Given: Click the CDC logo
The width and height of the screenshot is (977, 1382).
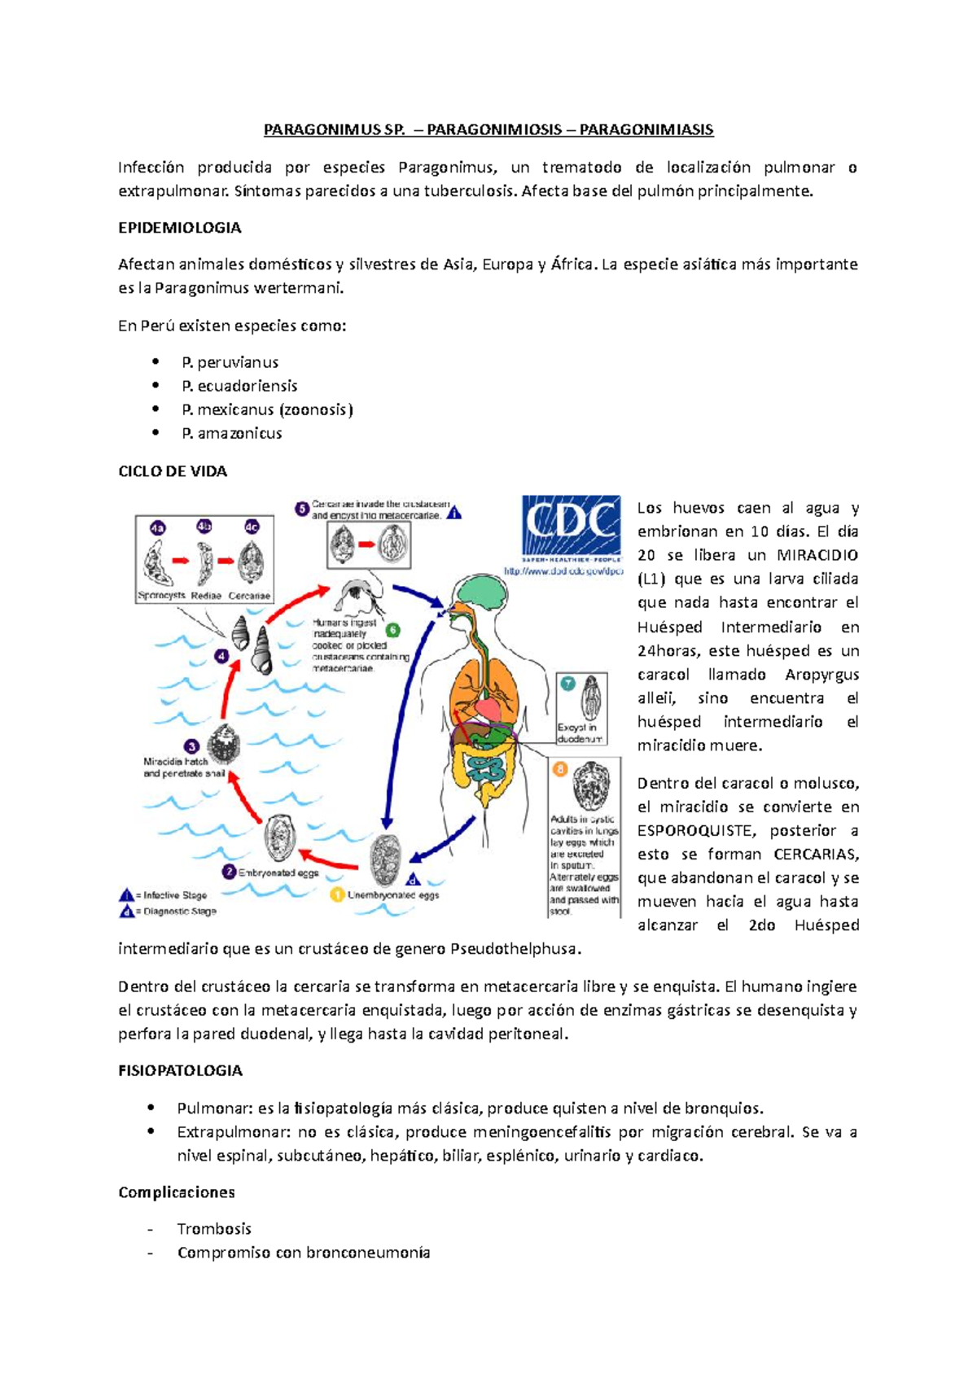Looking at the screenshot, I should pos(571,530).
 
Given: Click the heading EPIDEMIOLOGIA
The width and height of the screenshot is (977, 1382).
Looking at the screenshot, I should pos(179,228).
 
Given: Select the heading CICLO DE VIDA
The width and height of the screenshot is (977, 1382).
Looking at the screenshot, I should pos(173,471).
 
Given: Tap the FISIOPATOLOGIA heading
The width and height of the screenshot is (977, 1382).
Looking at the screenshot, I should pos(180,1070).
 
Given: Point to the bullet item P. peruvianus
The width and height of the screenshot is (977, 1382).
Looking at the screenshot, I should pos(230,362).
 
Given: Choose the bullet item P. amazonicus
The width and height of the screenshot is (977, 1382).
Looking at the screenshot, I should pos(231,433).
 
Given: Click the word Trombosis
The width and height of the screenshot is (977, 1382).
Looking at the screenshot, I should pos(214,1228).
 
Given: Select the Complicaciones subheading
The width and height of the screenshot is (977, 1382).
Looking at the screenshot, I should pos(177,1192).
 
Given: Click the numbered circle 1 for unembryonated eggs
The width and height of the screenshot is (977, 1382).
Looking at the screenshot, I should pos(337,894).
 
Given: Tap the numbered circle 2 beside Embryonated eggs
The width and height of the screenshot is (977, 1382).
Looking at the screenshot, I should pos(230,872).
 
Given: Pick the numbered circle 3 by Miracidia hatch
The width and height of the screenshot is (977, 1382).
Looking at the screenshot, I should pos(192,746).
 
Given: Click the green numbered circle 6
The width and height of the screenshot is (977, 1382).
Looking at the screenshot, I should pos(392,630).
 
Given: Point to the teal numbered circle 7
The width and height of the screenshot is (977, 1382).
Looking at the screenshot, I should pos(567,684).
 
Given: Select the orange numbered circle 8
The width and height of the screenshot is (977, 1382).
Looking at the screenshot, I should pos(560,768).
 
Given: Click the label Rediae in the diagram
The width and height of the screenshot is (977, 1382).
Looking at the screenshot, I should pos(206,595).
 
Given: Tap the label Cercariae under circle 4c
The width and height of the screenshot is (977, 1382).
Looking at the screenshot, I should pos(249,595).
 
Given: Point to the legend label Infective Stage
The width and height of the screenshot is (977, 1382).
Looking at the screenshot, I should pos(175,894).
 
